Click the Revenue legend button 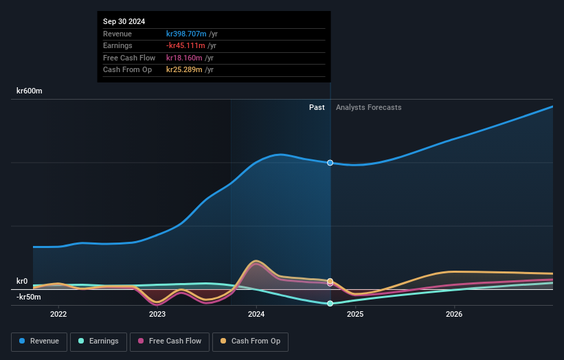coord(39,341)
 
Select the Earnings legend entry coord(98,341)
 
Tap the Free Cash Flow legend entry coord(170,341)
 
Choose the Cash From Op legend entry coord(251,341)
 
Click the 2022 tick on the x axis coord(58,314)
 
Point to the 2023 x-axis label coord(157,314)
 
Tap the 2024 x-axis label coord(256,314)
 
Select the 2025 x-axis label coord(355,314)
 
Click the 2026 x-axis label coord(454,314)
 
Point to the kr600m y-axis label coord(30,91)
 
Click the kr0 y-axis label coord(22,281)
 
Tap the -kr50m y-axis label coord(29,297)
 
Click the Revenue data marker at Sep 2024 coord(330,163)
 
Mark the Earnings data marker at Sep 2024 coord(330,303)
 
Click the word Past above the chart coord(317,107)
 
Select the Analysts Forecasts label coord(368,107)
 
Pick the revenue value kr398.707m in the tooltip coord(186,34)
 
